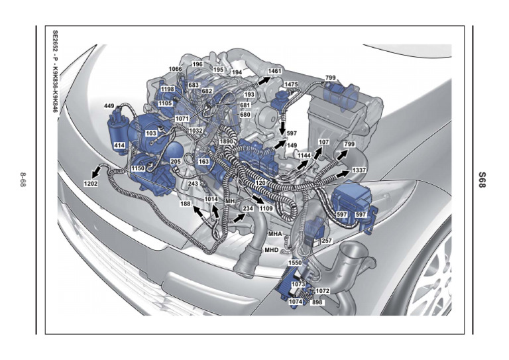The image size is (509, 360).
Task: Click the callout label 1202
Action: tap(91, 184)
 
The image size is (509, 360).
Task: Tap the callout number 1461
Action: tap(274, 71)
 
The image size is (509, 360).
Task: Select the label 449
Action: tap(109, 106)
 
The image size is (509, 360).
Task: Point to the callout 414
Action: tap(119, 145)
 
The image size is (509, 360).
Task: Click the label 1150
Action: tap(138, 168)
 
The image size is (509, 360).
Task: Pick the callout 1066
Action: tap(175, 69)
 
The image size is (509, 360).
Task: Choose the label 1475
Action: tap(291, 84)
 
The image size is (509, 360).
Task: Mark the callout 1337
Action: tap(359, 170)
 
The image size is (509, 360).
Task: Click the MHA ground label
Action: tap(275, 234)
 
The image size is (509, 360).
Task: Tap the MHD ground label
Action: tap(271, 250)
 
